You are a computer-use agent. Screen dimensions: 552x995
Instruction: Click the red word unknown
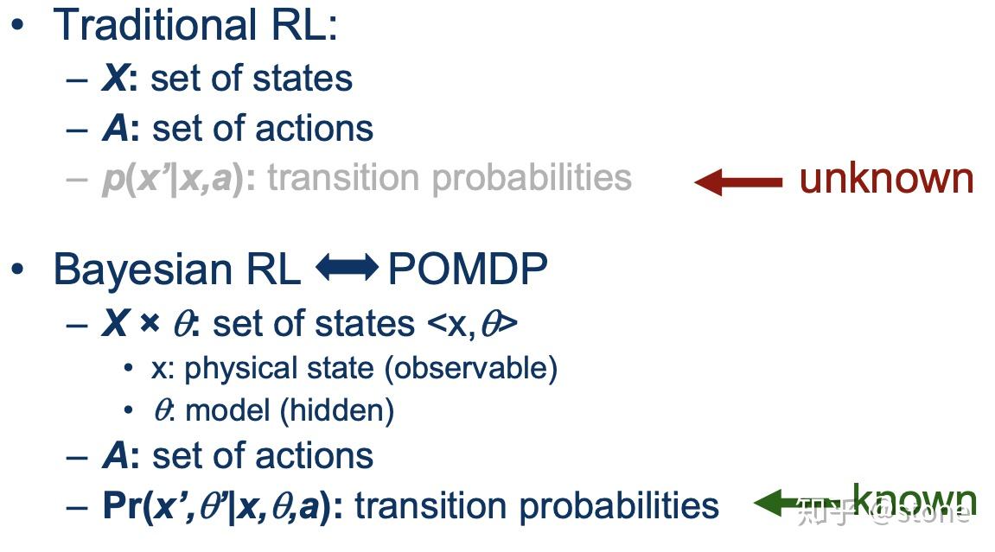click(x=886, y=179)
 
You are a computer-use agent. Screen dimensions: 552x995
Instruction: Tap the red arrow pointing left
click(x=737, y=181)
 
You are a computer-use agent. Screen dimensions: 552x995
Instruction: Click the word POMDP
click(x=468, y=270)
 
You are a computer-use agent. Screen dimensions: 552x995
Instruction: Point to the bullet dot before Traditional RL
click(x=17, y=25)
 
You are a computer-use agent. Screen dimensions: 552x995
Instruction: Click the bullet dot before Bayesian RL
click(x=17, y=270)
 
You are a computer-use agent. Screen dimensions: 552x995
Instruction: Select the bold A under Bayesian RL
click(x=115, y=456)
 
